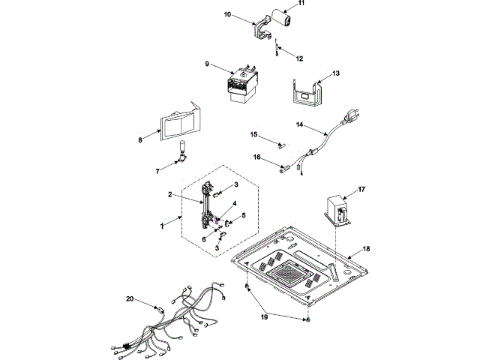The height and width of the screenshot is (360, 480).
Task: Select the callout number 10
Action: click(228, 14)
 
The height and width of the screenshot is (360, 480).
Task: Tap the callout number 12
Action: click(299, 57)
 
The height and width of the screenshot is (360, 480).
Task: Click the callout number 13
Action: click(336, 73)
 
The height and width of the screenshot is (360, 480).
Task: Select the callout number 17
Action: click(361, 190)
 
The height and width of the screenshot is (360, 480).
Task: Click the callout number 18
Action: click(367, 247)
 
